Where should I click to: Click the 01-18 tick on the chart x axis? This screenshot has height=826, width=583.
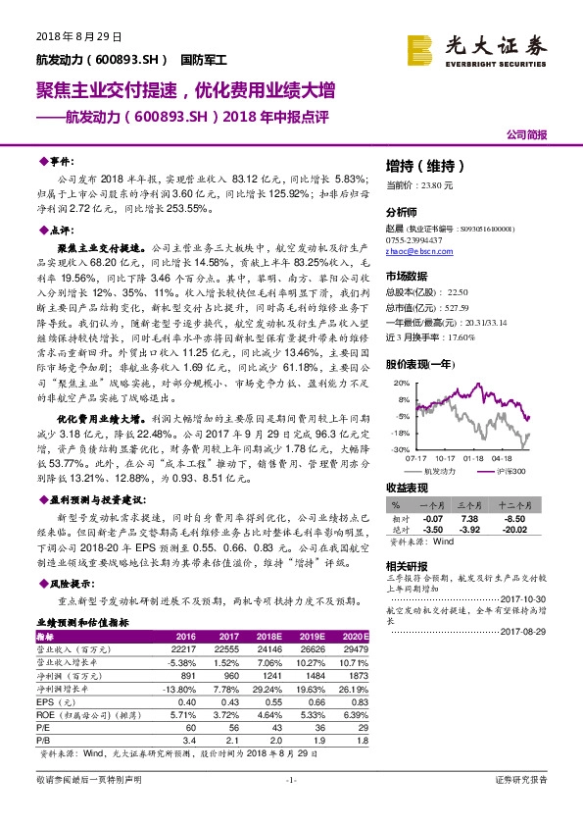473,456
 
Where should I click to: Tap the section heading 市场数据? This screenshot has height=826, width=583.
408,276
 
